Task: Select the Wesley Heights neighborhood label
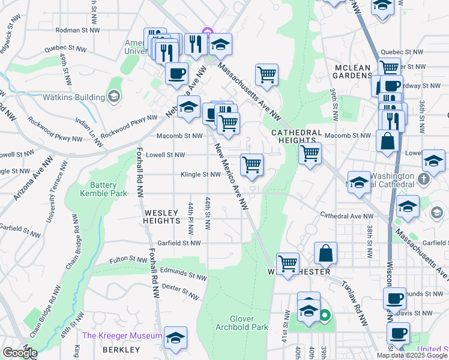point(161,217)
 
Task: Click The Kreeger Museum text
point(122,335)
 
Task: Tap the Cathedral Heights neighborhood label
point(294,136)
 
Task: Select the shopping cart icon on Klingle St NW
point(252,164)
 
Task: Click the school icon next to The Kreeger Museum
point(175,338)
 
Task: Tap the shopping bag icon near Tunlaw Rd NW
point(325,253)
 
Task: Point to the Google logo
point(20,353)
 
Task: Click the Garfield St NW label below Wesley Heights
point(178,243)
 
